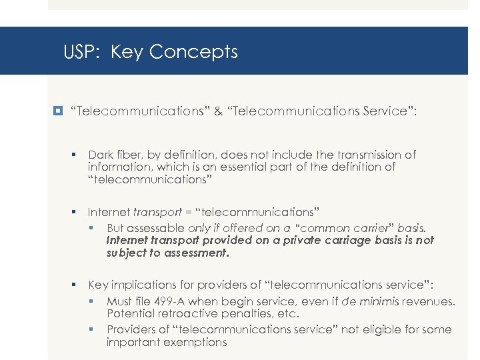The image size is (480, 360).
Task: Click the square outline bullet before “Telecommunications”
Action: click(x=59, y=111)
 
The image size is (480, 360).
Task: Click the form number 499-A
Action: click(x=175, y=301)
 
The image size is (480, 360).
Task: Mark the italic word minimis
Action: click(x=380, y=301)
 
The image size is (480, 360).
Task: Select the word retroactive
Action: click(x=180, y=313)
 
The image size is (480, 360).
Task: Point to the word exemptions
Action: click(x=193, y=342)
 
